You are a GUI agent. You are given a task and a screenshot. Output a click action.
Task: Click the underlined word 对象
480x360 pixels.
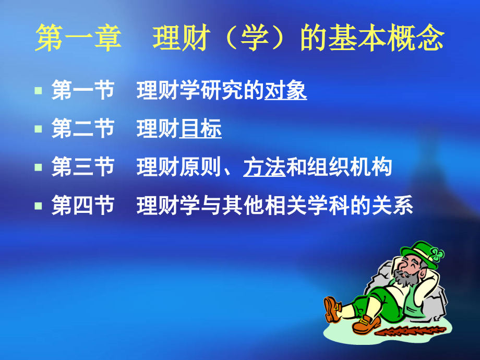point(285,91)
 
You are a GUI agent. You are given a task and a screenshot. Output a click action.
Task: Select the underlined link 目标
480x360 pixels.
point(200,129)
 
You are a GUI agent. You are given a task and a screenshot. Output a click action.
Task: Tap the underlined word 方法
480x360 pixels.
point(264,168)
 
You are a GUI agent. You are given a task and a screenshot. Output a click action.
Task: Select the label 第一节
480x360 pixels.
point(83,91)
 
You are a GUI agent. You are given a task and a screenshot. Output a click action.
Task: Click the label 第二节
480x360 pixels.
point(83,129)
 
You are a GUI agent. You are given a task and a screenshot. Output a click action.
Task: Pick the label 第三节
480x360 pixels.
point(83,168)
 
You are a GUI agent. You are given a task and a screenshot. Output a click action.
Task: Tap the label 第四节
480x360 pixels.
point(83,206)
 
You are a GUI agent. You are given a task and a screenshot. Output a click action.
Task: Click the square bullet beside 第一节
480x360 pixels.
point(38,91)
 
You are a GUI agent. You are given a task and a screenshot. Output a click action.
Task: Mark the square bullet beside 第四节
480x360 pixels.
point(38,206)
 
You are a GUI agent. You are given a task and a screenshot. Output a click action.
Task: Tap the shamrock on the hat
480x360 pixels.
point(437,255)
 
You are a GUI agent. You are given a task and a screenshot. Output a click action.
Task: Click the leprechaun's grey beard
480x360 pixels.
point(406,279)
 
